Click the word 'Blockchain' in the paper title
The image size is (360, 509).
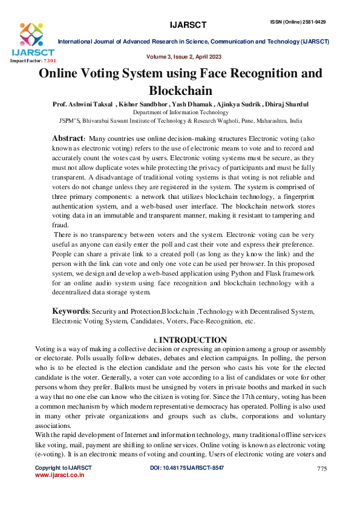pos(180,91)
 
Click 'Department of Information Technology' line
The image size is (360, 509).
pos(180,112)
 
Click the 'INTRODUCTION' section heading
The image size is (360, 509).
pos(192,340)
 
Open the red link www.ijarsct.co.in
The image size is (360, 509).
pos(59,476)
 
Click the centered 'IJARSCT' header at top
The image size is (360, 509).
pos(189,25)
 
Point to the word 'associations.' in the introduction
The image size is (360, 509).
pos(54,425)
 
